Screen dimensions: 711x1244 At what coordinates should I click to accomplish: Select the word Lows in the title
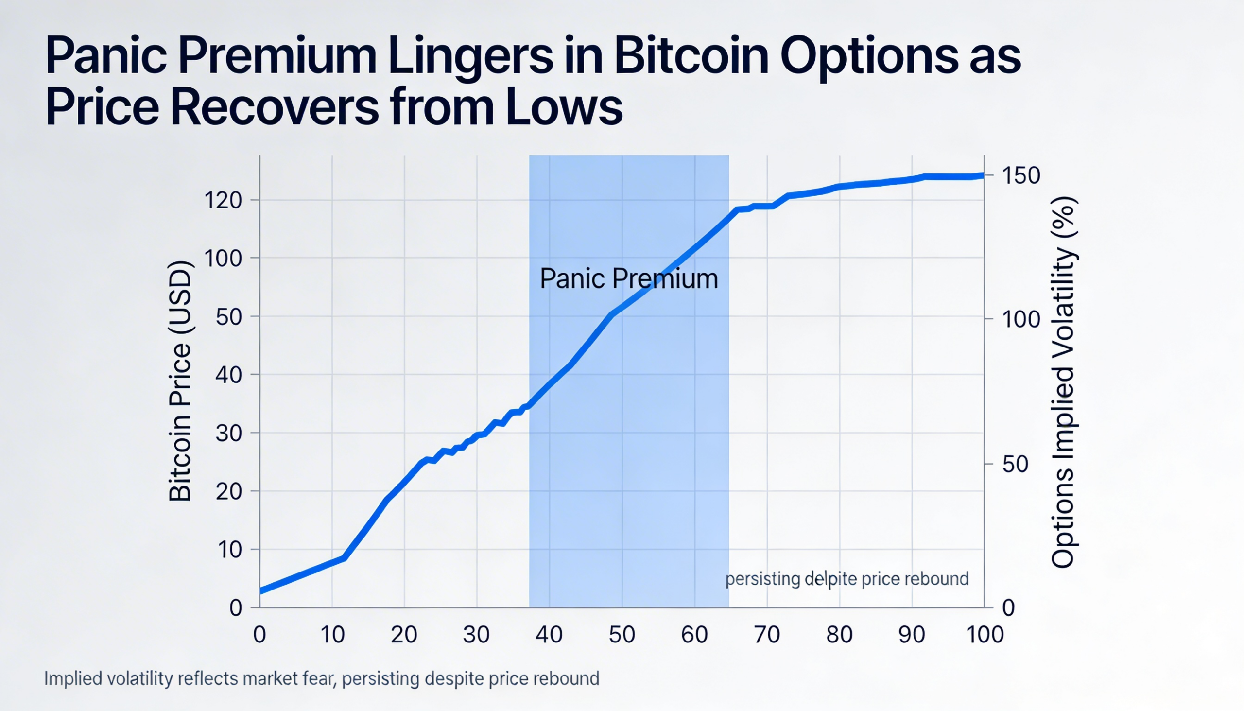[564, 108]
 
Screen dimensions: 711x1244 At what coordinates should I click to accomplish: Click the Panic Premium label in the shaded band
[629, 279]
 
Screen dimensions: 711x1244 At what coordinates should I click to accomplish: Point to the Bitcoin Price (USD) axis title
[180, 382]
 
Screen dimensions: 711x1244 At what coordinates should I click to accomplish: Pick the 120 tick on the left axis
[223, 200]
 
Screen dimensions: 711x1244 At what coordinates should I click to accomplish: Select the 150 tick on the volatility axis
[1021, 175]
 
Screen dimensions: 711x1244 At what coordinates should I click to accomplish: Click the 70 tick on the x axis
[766, 635]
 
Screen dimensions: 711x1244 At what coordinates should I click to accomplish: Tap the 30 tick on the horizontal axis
[476, 635]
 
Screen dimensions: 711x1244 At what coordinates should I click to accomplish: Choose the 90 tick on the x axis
[912, 635]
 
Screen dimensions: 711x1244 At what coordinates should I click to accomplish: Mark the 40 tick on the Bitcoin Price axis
[228, 375]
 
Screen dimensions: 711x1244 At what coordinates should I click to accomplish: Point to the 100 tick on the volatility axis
[1021, 319]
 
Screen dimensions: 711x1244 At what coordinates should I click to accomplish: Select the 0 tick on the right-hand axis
[1008, 608]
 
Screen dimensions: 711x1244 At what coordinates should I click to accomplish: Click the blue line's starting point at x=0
[261, 591]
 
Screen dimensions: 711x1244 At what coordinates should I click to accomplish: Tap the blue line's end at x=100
[982, 175]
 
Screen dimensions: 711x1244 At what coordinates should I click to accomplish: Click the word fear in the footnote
[320, 679]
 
